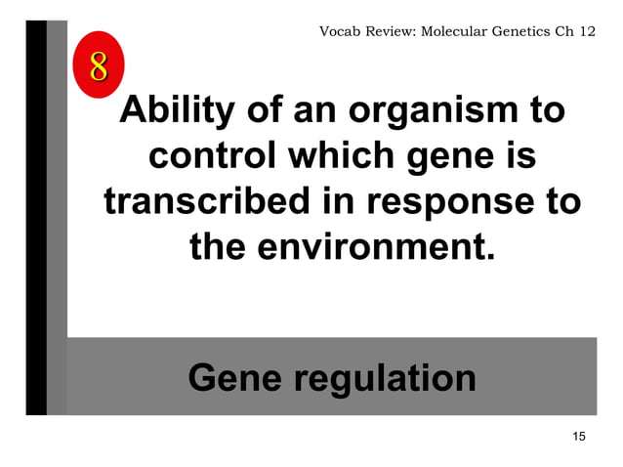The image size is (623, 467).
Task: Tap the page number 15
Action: pos(579,435)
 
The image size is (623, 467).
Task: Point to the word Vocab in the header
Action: pos(341,31)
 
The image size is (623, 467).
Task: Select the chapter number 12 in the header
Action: pos(586,31)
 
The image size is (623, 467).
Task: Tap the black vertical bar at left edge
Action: pos(35,215)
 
